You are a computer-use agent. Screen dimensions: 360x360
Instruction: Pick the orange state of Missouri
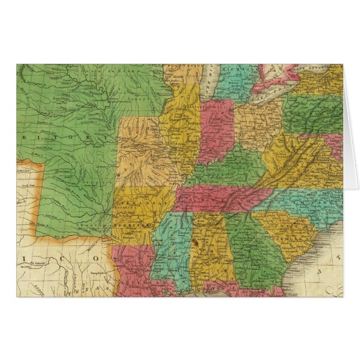click(x=145, y=151)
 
